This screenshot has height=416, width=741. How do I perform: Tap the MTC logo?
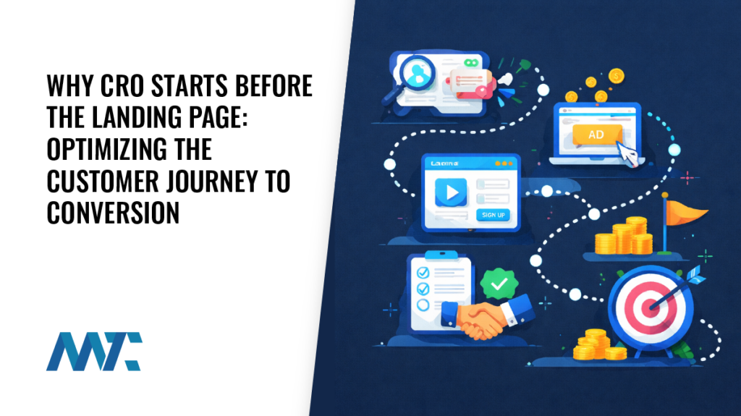click(94, 352)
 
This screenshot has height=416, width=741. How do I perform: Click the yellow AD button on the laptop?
click(596, 135)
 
